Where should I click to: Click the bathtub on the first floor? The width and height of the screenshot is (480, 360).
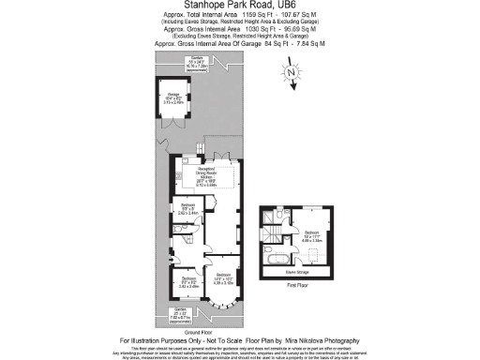pos(277,254)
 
